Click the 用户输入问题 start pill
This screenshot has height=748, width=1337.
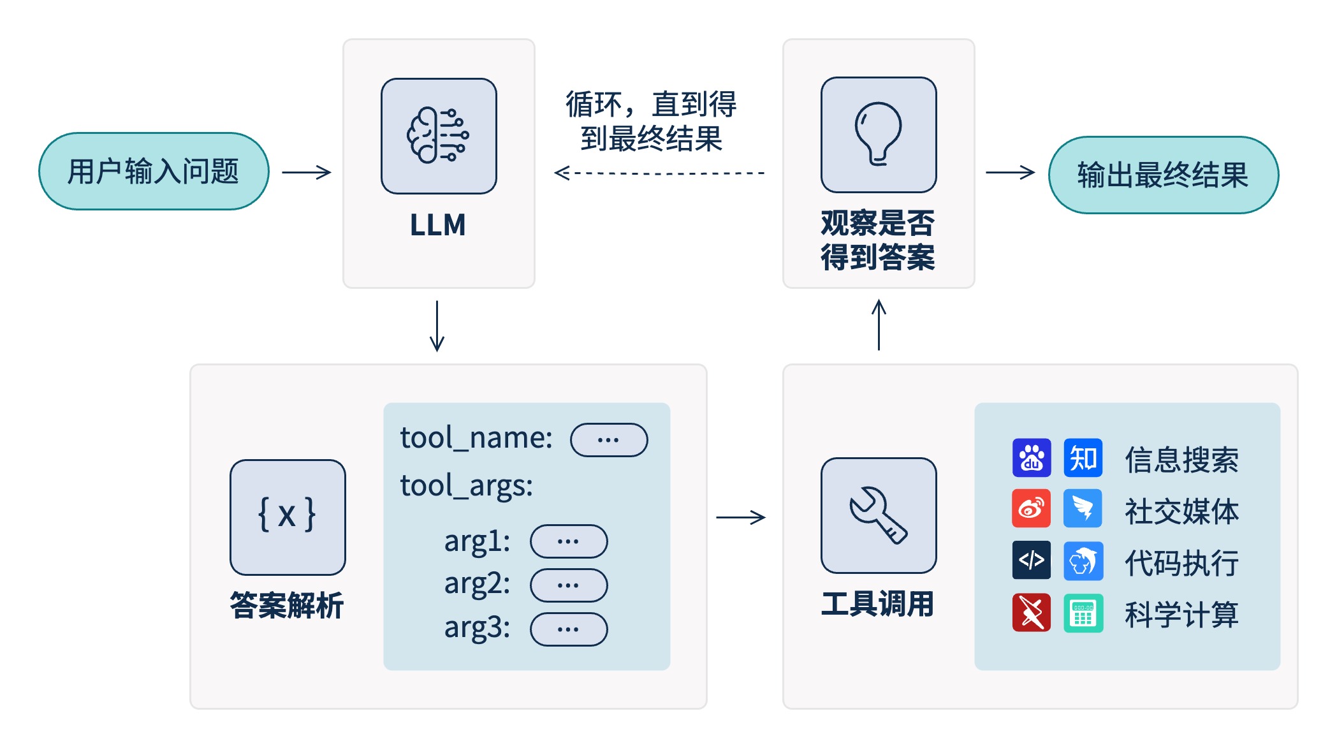click(x=154, y=172)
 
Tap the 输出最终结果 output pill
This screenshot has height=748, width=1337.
click(x=1163, y=175)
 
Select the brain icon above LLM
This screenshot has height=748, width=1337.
click(x=439, y=136)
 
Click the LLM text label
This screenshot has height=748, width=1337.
click(x=438, y=225)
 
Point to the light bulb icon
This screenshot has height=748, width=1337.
click(x=879, y=135)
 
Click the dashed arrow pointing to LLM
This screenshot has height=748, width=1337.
click(x=659, y=173)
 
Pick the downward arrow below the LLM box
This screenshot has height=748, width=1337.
click(x=437, y=326)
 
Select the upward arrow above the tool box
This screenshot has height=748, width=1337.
click(x=879, y=325)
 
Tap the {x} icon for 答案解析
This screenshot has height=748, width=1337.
click(x=288, y=517)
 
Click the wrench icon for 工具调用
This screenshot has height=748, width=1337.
click(x=879, y=515)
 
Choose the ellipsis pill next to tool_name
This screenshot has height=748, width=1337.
click(x=609, y=440)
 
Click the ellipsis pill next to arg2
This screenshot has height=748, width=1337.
click(x=569, y=585)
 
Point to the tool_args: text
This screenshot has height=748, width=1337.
click(x=466, y=486)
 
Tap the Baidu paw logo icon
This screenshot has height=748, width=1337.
click(x=1032, y=458)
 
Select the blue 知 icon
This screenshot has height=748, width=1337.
click(x=1083, y=458)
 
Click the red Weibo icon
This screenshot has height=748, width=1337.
click(x=1032, y=508)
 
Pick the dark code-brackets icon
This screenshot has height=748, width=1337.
click(x=1032, y=560)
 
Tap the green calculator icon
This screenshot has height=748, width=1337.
click(x=1083, y=613)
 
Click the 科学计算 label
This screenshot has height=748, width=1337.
click(x=1181, y=615)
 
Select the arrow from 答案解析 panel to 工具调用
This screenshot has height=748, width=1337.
click(x=741, y=517)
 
